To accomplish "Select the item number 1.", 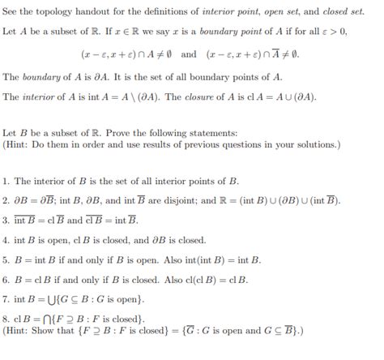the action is click(6, 182).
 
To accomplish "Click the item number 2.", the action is click(6, 200).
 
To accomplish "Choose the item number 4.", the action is click(6, 241).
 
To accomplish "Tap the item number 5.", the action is click(6, 260).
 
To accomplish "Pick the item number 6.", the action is click(6, 280).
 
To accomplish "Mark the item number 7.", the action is click(6, 299).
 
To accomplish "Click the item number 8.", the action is click(6, 319).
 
